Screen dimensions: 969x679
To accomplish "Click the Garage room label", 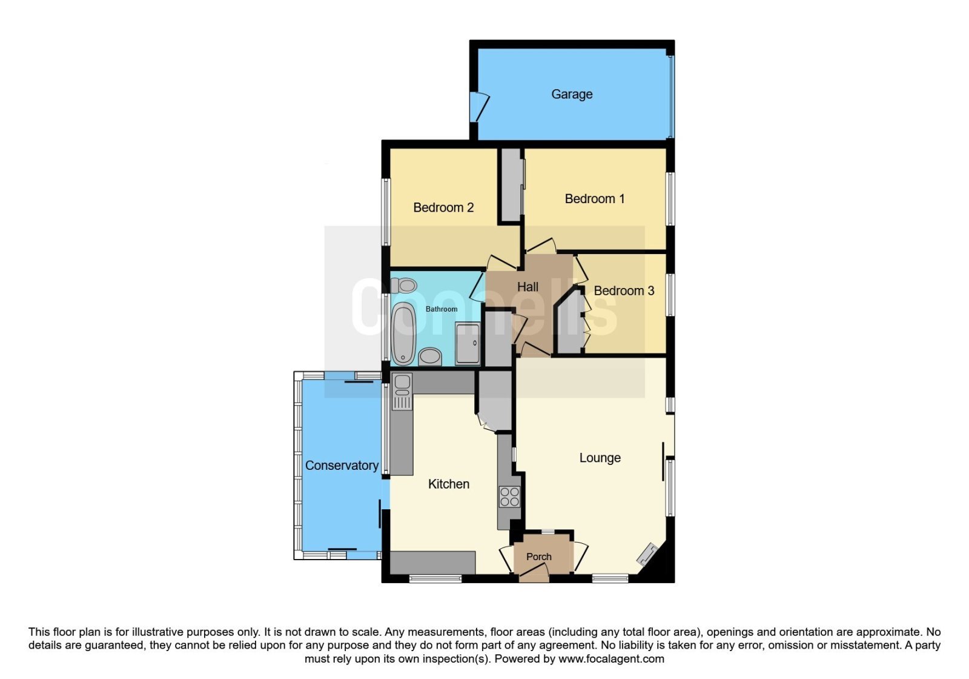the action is (x=572, y=94).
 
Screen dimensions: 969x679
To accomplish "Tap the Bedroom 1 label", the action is (x=594, y=199).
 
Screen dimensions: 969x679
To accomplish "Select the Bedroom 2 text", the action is (x=443, y=207).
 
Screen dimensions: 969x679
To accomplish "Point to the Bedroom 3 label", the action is (x=624, y=290).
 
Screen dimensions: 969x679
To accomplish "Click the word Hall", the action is (x=527, y=287).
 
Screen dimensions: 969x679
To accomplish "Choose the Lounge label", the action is (x=600, y=458).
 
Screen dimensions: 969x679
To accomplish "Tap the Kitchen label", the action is (x=449, y=484).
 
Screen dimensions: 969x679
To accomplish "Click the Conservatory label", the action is (x=342, y=465).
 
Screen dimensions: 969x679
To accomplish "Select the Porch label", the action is (x=538, y=557).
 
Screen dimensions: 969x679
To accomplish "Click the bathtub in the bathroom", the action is (x=403, y=333).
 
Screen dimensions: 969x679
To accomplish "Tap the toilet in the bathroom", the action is (x=403, y=286).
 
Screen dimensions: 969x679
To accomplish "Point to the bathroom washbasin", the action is (x=430, y=356).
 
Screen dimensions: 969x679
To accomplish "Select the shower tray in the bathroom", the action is (x=468, y=343).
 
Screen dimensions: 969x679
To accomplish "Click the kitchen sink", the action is (x=402, y=392).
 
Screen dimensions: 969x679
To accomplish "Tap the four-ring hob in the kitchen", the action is (x=509, y=497).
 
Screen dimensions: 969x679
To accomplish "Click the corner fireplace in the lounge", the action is (x=647, y=555).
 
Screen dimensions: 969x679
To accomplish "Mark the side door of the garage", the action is (x=479, y=107).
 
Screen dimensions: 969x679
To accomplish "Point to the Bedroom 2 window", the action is (x=385, y=212).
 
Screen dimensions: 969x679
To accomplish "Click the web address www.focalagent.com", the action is (x=611, y=658).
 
